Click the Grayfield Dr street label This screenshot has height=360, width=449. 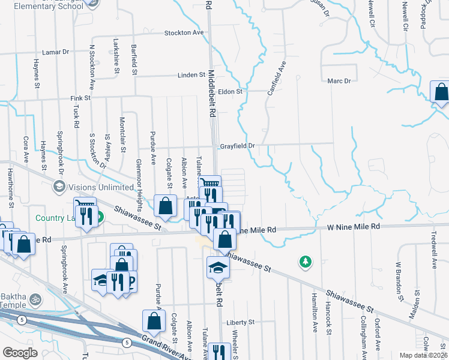tap(237, 145)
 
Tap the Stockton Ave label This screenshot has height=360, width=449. tap(185, 32)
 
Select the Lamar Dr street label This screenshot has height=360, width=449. tap(57, 52)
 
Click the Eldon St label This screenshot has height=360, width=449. tap(230, 92)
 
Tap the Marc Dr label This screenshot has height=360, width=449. tap(339, 80)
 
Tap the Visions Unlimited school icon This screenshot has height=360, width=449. tap(59, 186)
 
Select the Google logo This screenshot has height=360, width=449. tap(20, 353)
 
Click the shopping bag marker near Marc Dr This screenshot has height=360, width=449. tap(441, 92)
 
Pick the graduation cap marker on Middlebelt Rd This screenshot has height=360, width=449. tap(217, 267)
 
